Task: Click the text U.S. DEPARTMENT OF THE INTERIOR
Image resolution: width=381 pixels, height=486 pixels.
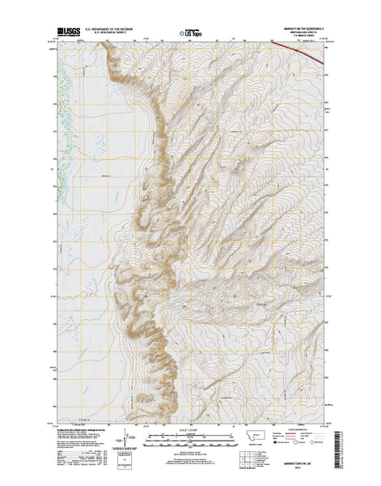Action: [115, 30]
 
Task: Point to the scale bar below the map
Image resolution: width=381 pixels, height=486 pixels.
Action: [191, 437]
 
